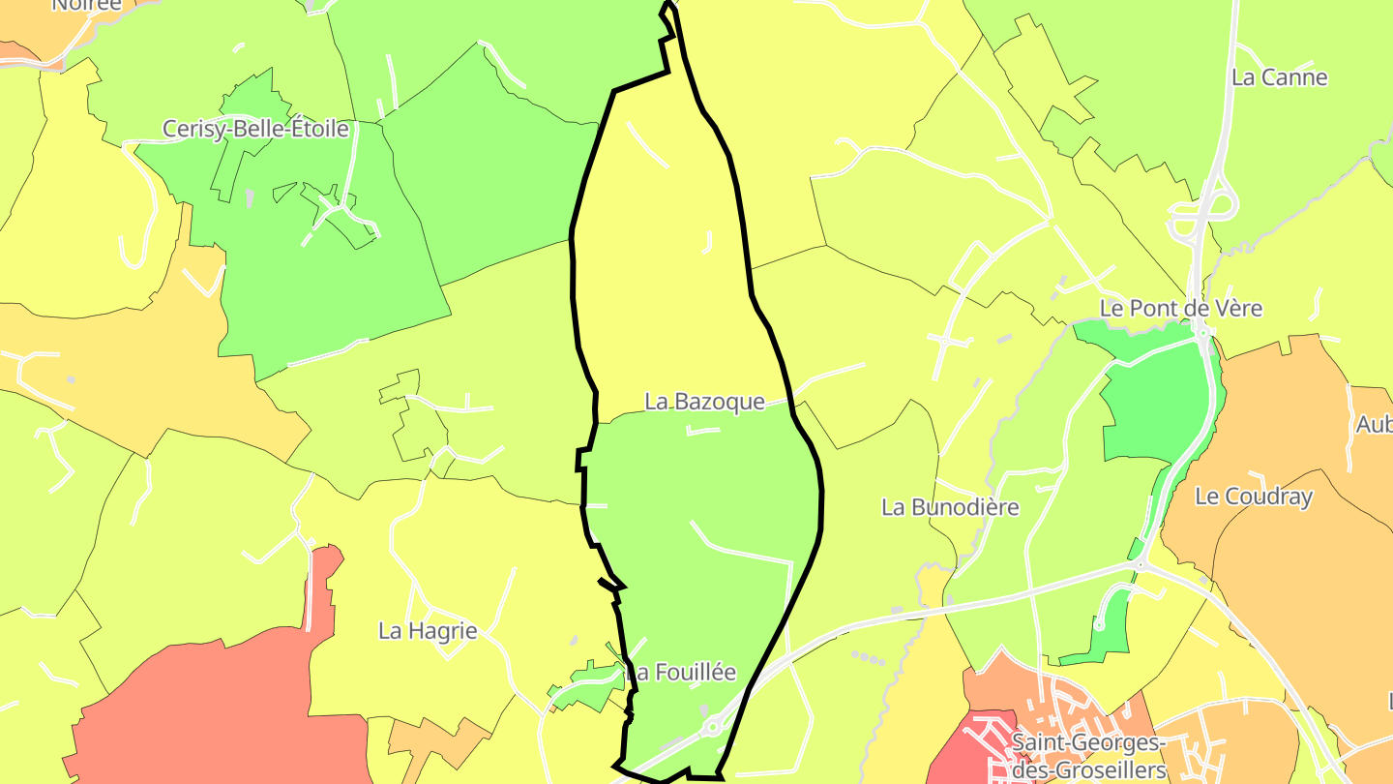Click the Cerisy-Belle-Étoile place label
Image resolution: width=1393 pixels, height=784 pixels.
pyautogui.click(x=255, y=129)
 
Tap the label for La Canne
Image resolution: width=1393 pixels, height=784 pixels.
pyautogui.click(x=1279, y=77)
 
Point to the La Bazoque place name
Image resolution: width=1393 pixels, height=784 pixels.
pyautogui.click(x=704, y=402)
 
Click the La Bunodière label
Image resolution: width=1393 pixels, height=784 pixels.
pyautogui.click(x=950, y=507)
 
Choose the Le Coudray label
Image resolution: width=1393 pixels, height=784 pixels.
pyautogui.click(x=1254, y=498)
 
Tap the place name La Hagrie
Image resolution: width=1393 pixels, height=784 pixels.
pyautogui.click(x=428, y=631)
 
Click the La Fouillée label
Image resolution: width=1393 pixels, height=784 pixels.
pyautogui.click(x=681, y=672)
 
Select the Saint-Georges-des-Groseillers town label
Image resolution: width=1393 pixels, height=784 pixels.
pyautogui.click(x=1088, y=757)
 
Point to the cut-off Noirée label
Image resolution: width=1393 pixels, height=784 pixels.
pyautogui.click(x=87, y=5)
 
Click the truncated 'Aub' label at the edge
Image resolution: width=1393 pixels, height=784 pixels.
pyautogui.click(x=1374, y=424)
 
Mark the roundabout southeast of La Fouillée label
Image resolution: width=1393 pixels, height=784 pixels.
pyautogui.click(x=713, y=726)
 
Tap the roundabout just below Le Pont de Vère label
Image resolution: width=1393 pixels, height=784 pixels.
pyautogui.click(x=1202, y=333)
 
